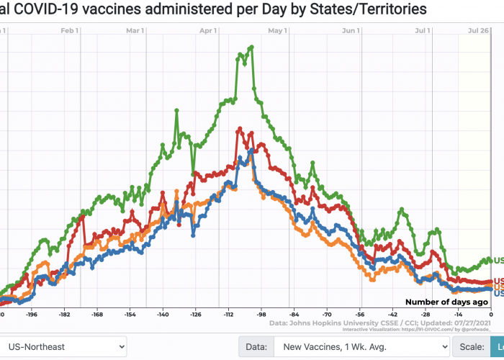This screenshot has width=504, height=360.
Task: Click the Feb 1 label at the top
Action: click(x=70, y=31)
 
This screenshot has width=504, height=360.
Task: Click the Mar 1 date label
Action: click(x=135, y=31)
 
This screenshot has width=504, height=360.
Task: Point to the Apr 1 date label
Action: click(x=208, y=31)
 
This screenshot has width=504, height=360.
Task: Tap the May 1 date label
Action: click(x=277, y=31)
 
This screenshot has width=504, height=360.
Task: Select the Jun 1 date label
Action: click(x=351, y=31)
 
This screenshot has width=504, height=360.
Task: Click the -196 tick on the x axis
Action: click(x=31, y=315)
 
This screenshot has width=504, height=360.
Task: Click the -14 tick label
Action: click(x=458, y=315)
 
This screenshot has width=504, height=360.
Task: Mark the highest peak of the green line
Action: click(x=251, y=48)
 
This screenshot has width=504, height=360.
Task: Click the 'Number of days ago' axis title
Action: click(x=446, y=302)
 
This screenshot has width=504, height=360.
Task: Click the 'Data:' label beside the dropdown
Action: click(x=256, y=346)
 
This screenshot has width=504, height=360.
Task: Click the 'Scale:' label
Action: click(x=474, y=346)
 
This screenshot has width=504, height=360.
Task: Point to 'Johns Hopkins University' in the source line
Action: click(x=350, y=323)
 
